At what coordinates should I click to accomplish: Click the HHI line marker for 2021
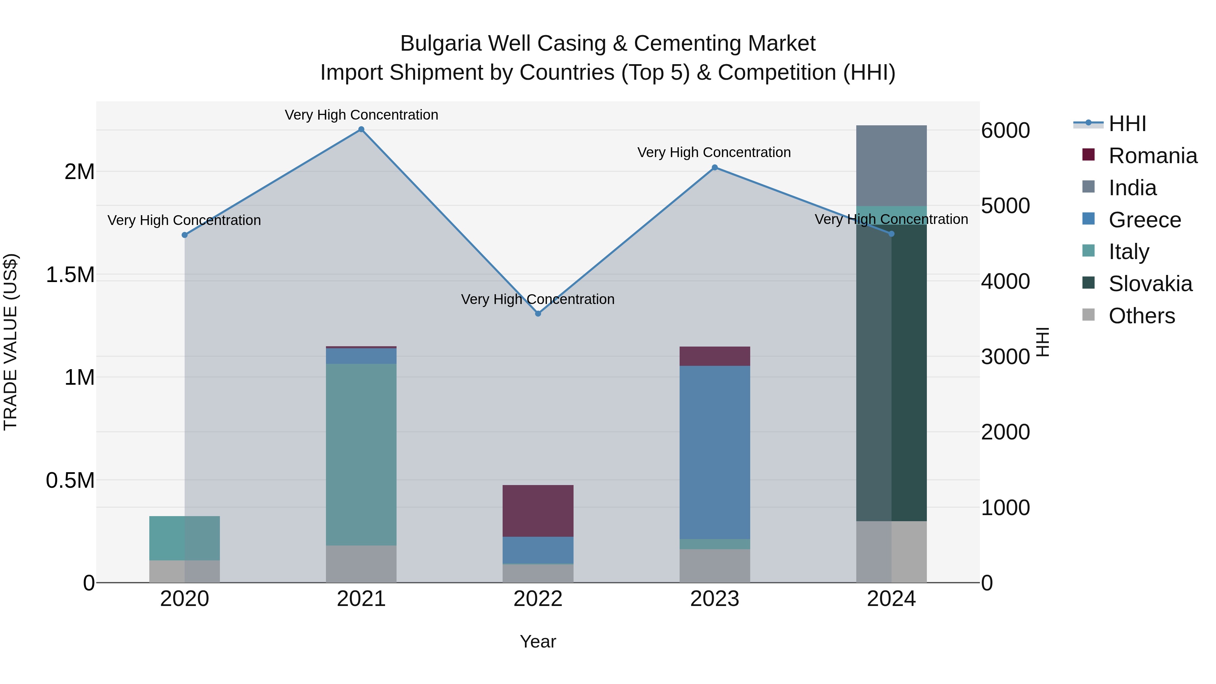click(361, 129)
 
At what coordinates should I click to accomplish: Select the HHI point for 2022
click(538, 313)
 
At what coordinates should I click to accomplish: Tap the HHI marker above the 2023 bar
click(715, 168)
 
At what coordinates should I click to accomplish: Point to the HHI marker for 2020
click(184, 235)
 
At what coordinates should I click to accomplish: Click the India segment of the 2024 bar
click(891, 165)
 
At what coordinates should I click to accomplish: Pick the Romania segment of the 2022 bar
click(538, 511)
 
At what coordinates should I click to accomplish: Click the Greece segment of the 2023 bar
click(715, 452)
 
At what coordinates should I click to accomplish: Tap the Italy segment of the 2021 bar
click(361, 454)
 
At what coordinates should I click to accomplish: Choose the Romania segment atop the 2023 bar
click(715, 356)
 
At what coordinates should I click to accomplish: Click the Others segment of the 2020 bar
click(184, 571)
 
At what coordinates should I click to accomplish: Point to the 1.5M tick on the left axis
click(70, 275)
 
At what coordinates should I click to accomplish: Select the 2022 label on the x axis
click(538, 599)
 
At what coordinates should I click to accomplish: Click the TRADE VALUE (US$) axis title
click(10, 342)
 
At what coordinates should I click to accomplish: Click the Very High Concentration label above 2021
click(361, 115)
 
